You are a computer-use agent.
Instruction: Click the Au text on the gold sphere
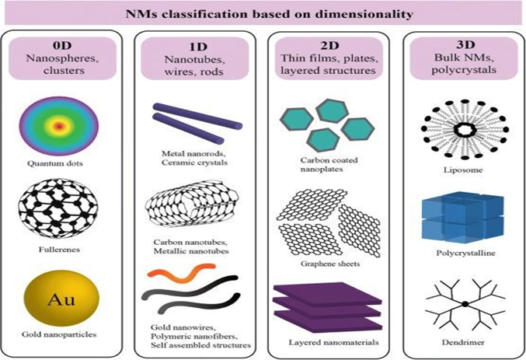(64, 297)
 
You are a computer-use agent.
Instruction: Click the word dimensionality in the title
(326, 12)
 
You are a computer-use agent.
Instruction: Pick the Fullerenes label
(64, 251)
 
